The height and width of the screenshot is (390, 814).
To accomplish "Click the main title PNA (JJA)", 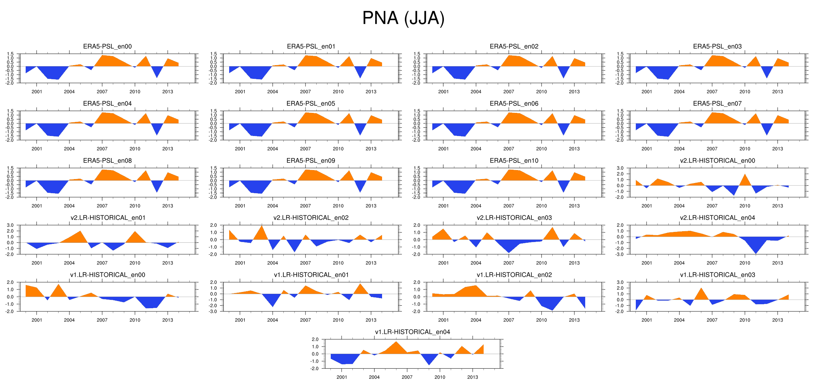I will (403, 18).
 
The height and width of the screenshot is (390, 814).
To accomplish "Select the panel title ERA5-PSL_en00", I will (107, 46).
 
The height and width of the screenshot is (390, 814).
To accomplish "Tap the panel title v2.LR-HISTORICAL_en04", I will (717, 218).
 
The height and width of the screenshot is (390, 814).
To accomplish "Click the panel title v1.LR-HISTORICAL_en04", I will (412, 332).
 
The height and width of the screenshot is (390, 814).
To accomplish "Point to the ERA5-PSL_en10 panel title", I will (514, 161).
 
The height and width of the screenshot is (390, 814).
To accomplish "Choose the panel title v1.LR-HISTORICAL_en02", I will (514, 275).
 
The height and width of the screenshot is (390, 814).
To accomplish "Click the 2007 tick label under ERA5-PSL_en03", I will (712, 92).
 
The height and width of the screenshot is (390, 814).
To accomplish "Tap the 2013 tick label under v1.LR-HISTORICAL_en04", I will (472, 377).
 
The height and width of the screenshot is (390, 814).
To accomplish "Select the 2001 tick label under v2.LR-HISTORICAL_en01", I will (37, 263).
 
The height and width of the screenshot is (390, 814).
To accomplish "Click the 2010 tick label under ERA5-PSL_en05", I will (338, 149).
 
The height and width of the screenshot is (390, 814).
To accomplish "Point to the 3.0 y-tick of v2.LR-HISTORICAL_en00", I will (620, 168).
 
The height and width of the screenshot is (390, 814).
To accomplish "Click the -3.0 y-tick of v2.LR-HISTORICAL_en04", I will (620, 254).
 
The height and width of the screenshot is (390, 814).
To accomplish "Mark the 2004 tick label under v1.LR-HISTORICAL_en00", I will (69, 320).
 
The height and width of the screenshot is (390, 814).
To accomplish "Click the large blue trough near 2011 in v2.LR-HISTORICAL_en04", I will (755, 250).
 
